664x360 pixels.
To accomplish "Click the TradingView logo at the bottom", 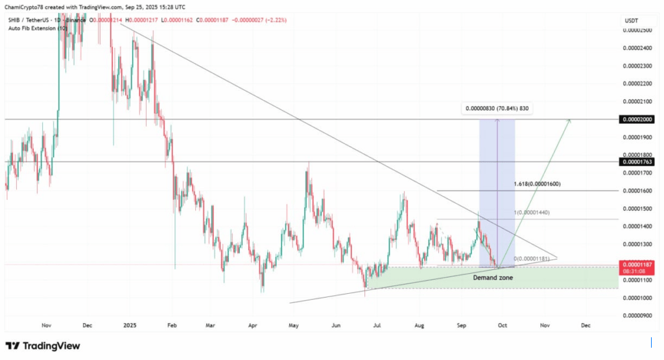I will pos(43,346).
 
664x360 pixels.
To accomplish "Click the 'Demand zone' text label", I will pos(493,278).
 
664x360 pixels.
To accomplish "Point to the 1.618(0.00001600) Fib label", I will pos(537,184).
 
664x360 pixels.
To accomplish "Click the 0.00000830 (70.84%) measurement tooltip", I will pos(497,109).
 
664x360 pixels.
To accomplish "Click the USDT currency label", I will pos(631,21).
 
